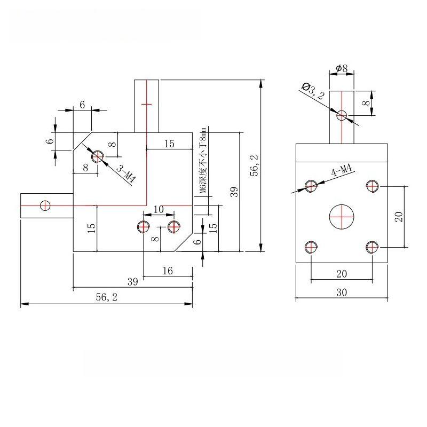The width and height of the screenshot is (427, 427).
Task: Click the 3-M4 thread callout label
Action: coord(126,173)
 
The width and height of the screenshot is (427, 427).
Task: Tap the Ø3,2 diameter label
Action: coord(313,91)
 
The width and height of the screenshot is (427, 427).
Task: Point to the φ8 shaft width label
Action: coord(342,68)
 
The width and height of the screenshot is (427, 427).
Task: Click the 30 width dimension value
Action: coord(342,292)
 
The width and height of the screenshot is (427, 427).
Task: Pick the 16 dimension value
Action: coord(168,271)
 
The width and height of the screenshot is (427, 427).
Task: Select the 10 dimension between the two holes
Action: coord(159,209)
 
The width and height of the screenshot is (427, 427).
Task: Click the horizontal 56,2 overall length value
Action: coord(107,297)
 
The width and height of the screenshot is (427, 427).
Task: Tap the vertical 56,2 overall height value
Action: coord(255,165)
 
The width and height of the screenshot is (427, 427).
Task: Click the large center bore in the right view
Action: coord(342,217)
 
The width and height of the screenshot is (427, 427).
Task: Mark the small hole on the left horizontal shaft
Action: coord(45,205)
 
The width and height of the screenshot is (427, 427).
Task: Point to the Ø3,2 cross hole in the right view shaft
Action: coord(342,115)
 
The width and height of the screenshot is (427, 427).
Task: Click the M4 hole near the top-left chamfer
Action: coord(98,156)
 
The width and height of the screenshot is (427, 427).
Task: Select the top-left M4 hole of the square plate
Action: coord(311,186)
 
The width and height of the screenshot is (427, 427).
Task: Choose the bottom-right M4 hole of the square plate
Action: coord(372,247)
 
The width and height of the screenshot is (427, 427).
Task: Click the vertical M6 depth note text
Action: coord(204,160)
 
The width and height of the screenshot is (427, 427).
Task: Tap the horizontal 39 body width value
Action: coord(133,282)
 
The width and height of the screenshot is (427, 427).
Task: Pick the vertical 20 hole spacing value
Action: coord(399,217)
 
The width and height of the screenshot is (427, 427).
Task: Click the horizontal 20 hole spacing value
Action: coord(342,274)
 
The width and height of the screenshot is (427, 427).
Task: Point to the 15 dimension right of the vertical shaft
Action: coord(169,144)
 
